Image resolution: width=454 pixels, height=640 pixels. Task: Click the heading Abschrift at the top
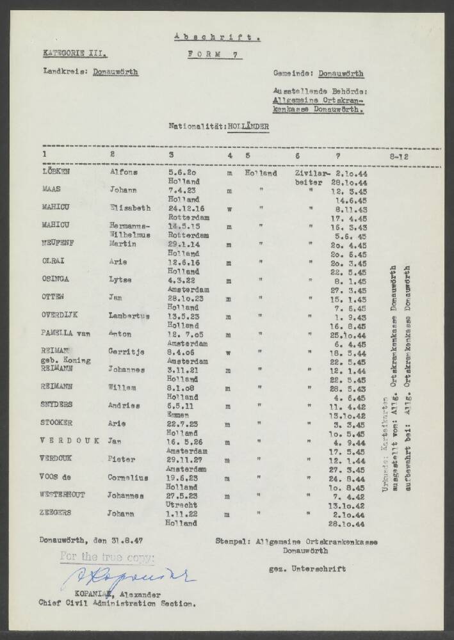pos(216,37)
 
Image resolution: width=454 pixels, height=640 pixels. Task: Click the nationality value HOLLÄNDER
pos(247,127)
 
